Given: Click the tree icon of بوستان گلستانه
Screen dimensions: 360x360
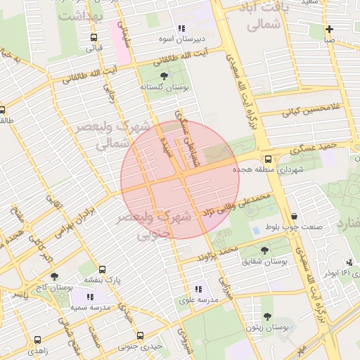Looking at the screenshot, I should tap(164, 75).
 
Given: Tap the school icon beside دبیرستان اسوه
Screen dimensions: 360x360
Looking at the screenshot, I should tap(181, 29).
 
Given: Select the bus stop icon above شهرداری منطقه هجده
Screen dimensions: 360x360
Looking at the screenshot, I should tap(268, 159).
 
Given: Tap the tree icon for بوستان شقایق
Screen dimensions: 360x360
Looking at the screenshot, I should tap(264, 250).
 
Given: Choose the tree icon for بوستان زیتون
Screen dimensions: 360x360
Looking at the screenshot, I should tap(268, 317).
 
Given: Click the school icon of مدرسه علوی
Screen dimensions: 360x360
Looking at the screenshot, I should tap(198, 288).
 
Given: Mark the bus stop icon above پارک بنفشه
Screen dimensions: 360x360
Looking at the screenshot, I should tap(103, 269).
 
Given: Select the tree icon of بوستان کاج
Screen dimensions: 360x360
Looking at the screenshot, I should tap(55, 277).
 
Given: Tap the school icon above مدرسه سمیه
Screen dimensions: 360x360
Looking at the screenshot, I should tap(89, 298).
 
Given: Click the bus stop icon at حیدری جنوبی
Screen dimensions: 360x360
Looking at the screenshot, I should tap(140, 335).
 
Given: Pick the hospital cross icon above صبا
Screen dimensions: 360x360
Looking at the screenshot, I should tap(329, 29).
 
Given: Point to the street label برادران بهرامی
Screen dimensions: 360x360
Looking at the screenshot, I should tap(73, 219).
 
